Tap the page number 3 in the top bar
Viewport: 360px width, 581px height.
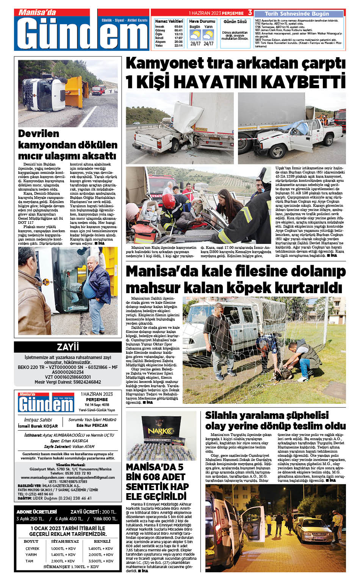click(x=250, y=12)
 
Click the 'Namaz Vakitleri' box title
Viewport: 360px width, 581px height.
click(x=169, y=21)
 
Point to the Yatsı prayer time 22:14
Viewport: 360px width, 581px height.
click(x=178, y=45)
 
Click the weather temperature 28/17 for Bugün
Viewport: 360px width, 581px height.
click(x=195, y=44)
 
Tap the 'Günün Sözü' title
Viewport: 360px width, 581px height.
click(x=235, y=22)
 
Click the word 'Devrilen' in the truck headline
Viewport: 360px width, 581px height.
click(x=39, y=134)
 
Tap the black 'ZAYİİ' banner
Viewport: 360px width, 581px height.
click(x=68, y=347)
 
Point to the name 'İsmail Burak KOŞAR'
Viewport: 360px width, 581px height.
click(x=38, y=426)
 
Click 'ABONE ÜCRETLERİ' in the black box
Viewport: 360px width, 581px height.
click(x=37, y=512)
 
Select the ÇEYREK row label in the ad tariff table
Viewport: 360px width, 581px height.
click(x=32, y=548)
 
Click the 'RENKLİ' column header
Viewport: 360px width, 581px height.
click(x=102, y=541)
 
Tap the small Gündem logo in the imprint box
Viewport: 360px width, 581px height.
click(x=46, y=403)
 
